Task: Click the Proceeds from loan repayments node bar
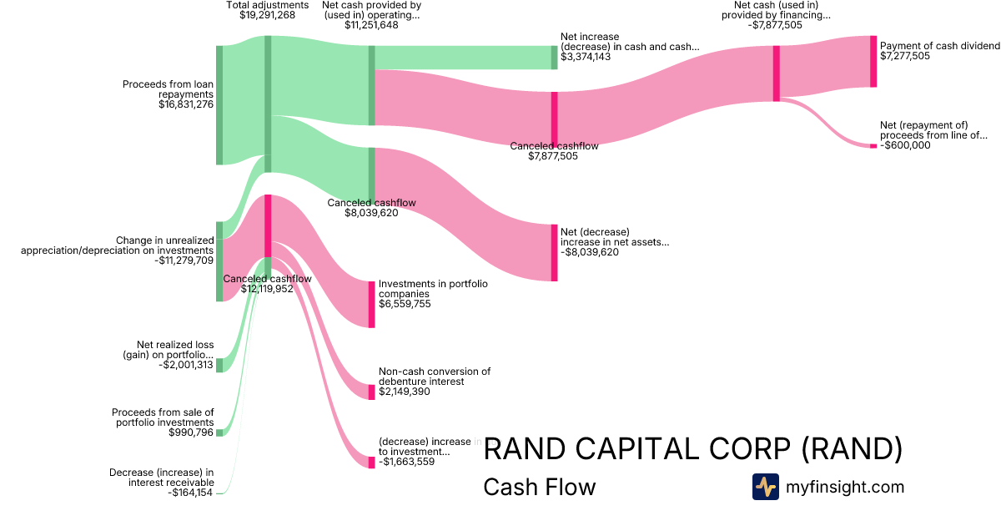pos(219,105)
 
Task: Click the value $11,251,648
pos(371,25)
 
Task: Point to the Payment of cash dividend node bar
pos(873,61)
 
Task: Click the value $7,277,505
pos(905,57)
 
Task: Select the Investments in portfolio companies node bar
pos(372,304)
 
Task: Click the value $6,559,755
pos(405,304)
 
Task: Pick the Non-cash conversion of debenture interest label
pos(435,377)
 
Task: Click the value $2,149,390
pos(405,391)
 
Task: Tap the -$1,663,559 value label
pos(406,462)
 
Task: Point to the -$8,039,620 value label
pos(590,252)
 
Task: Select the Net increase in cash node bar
pos(554,57)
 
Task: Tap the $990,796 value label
pos(189,432)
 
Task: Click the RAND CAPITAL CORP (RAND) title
pos(693,449)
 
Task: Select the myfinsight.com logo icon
pos(765,487)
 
